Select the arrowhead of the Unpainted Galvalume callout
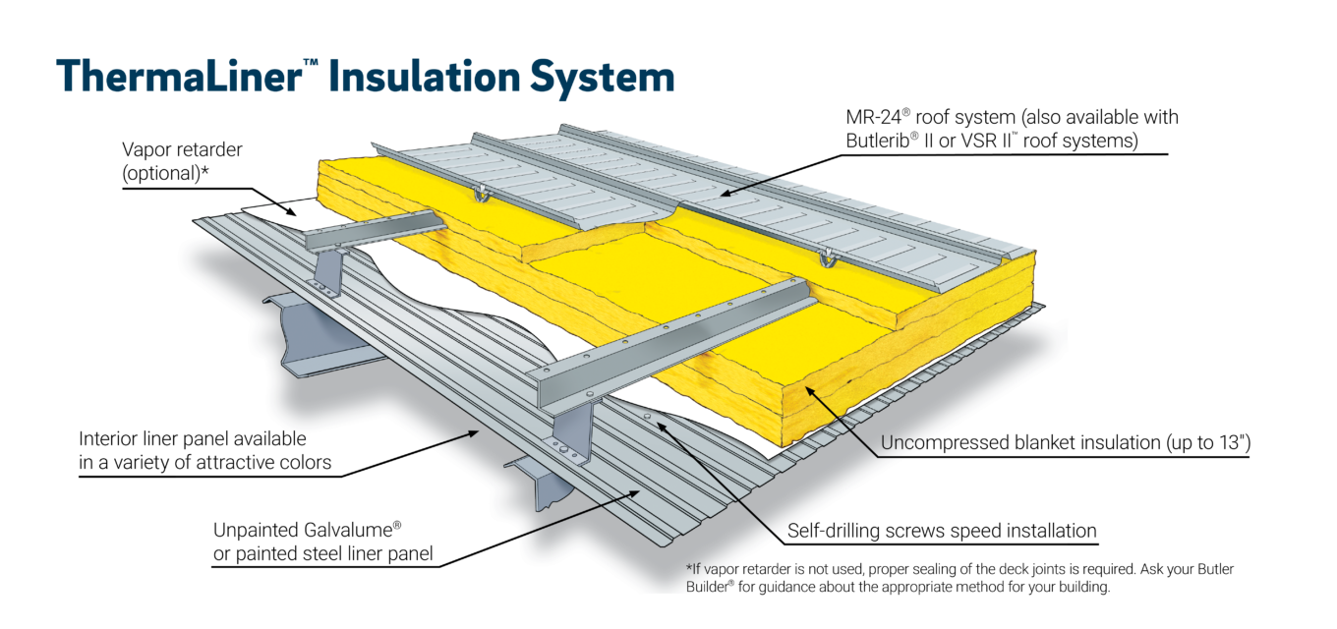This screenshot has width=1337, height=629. tap(642, 487)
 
